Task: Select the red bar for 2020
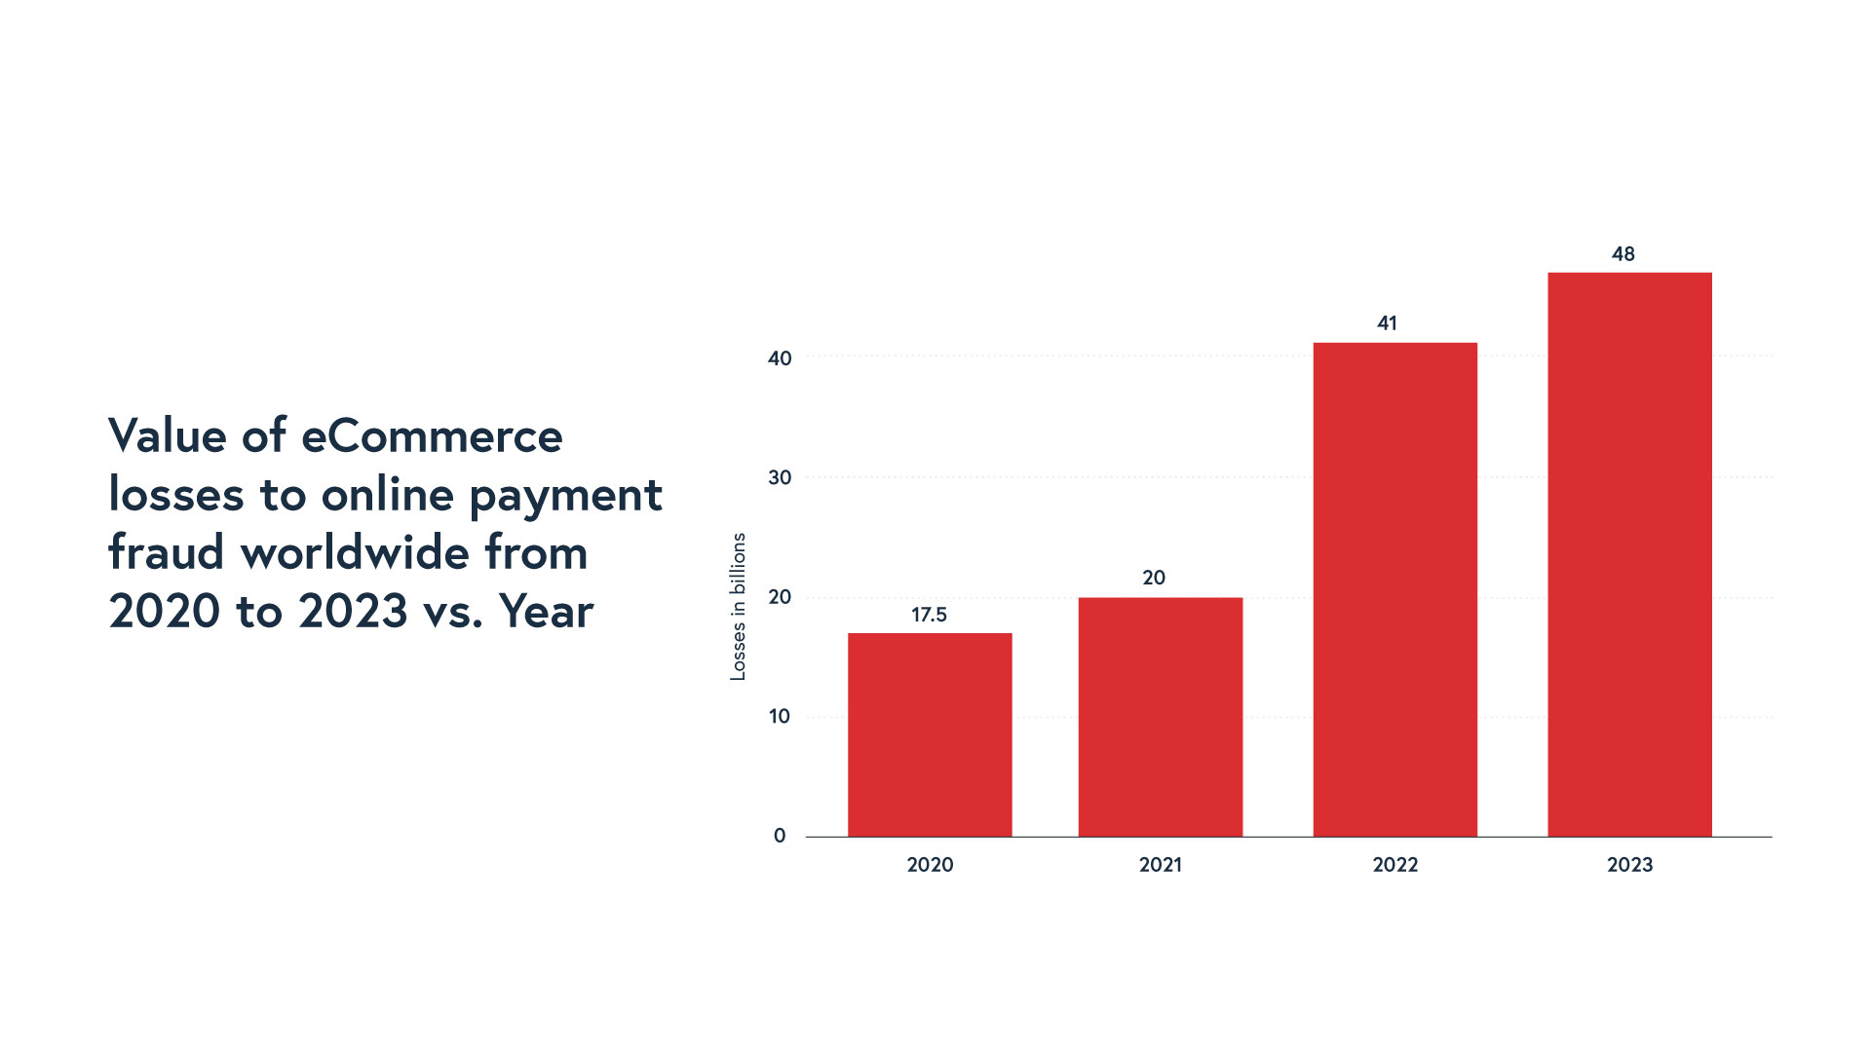pos(930,734)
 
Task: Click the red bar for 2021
pos(1160,717)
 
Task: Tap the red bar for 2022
pos(1394,589)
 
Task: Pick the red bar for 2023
pos(1629,554)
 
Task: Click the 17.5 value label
pos(929,615)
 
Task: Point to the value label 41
pos(1387,323)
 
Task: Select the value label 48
pos(1623,254)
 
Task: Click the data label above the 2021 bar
pos(1154,578)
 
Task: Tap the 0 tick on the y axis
pos(780,836)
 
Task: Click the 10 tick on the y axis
pos(780,717)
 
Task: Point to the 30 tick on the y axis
pos(780,478)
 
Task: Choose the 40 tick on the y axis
pos(780,358)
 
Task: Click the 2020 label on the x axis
pos(930,865)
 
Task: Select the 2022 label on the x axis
pos(1394,865)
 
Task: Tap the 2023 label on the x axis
pos(1629,865)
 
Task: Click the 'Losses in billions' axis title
pos(738,606)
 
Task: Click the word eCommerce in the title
pos(432,435)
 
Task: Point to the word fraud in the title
pos(167,552)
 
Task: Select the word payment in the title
pos(565,496)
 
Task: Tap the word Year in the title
pos(546,612)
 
